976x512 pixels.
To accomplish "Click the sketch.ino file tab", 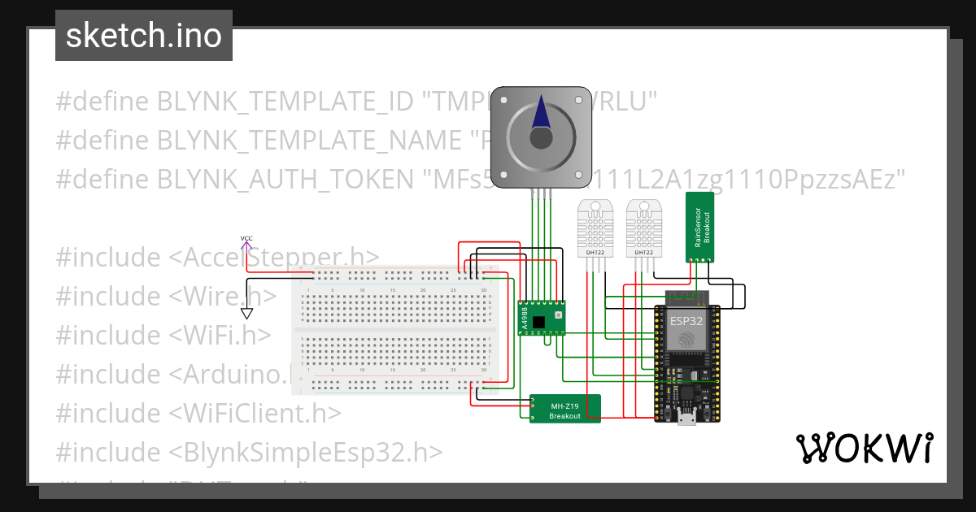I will pyautogui.click(x=144, y=36).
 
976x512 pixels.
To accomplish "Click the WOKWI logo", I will pyautogui.click(x=864, y=448).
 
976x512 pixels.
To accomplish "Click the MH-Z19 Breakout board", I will pyautogui.click(x=565, y=409).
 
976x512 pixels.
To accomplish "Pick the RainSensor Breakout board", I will pyautogui.click(x=700, y=225).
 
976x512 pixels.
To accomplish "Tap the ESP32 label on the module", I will pyautogui.click(x=686, y=321).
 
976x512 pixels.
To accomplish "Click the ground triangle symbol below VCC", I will pyautogui.click(x=246, y=313).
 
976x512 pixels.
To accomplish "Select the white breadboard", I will pyautogui.click(x=394, y=329).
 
